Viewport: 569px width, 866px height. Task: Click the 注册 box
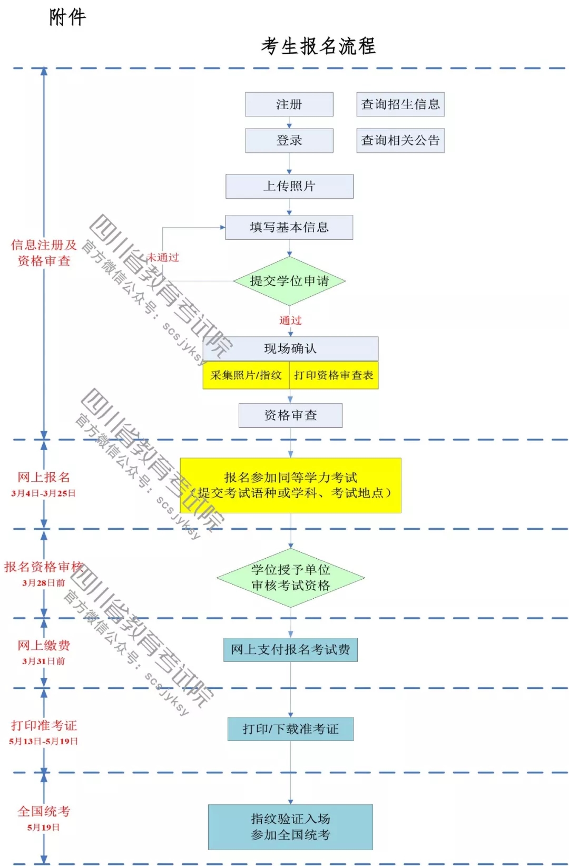[289, 104]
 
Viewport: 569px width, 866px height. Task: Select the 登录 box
[289, 140]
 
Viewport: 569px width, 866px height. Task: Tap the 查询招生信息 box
[400, 104]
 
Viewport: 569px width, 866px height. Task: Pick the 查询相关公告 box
[400, 140]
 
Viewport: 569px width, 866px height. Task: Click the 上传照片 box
[290, 187]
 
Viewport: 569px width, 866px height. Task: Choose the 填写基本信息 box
[289, 227]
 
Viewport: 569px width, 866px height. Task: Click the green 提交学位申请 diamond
[290, 281]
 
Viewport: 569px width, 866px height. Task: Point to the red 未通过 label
[163, 257]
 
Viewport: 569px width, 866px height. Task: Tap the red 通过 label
[290, 320]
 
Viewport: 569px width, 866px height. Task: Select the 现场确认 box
[291, 349]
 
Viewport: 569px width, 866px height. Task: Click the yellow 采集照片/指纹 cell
[246, 375]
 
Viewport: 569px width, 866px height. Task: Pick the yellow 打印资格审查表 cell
[334, 375]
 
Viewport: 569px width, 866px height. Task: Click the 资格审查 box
[291, 415]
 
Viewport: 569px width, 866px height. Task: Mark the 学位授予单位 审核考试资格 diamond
[291, 578]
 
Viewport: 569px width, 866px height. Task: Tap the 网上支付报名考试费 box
[291, 650]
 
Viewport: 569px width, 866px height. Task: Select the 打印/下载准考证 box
[291, 729]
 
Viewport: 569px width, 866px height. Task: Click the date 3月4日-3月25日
[43, 493]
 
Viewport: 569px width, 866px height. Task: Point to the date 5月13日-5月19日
[43, 741]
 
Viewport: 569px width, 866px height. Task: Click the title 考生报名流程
[318, 46]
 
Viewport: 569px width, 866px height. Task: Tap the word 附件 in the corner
[67, 17]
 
